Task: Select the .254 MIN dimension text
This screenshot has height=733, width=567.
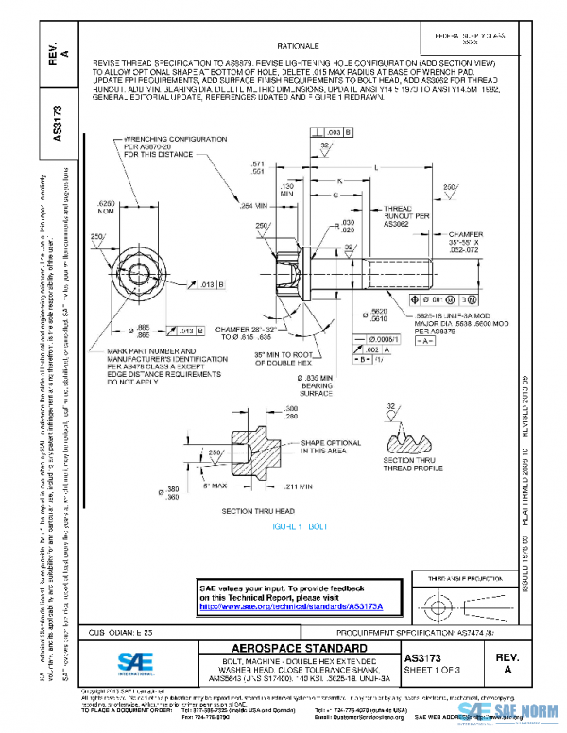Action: [253, 205]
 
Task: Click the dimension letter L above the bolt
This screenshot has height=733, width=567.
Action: [376, 166]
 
